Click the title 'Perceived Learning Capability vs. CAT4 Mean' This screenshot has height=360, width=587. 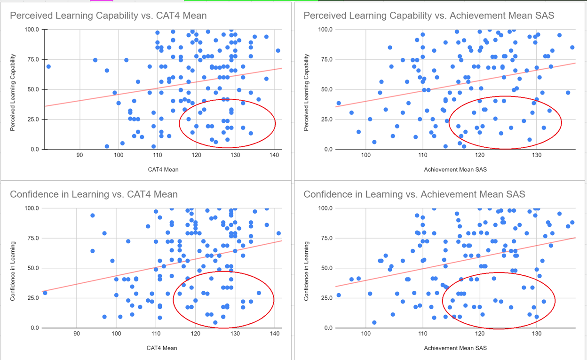(x=108, y=16)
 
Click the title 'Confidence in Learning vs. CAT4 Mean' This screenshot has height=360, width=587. (x=94, y=194)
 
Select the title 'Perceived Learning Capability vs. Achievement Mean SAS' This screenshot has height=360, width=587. (x=428, y=16)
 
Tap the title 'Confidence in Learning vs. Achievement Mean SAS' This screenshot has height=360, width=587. (x=414, y=194)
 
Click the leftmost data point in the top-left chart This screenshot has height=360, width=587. (x=48, y=66)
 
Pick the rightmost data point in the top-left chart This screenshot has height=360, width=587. (x=278, y=50)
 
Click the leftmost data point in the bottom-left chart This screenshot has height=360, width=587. (x=45, y=293)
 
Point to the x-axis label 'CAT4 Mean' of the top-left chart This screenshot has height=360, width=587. (x=164, y=169)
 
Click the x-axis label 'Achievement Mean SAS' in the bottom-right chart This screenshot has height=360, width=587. (x=455, y=348)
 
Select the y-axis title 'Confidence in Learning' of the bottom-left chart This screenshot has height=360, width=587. (x=13, y=271)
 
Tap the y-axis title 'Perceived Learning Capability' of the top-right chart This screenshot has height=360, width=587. (x=306, y=92)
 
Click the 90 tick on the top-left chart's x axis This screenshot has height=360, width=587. (x=79, y=155)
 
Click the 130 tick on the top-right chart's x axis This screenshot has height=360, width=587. (x=536, y=155)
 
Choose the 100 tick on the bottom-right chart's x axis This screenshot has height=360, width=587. (x=366, y=334)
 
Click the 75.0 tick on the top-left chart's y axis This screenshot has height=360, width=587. (x=32, y=59)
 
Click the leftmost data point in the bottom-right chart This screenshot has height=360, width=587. (x=339, y=295)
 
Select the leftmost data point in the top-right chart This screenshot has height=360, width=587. (x=339, y=103)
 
